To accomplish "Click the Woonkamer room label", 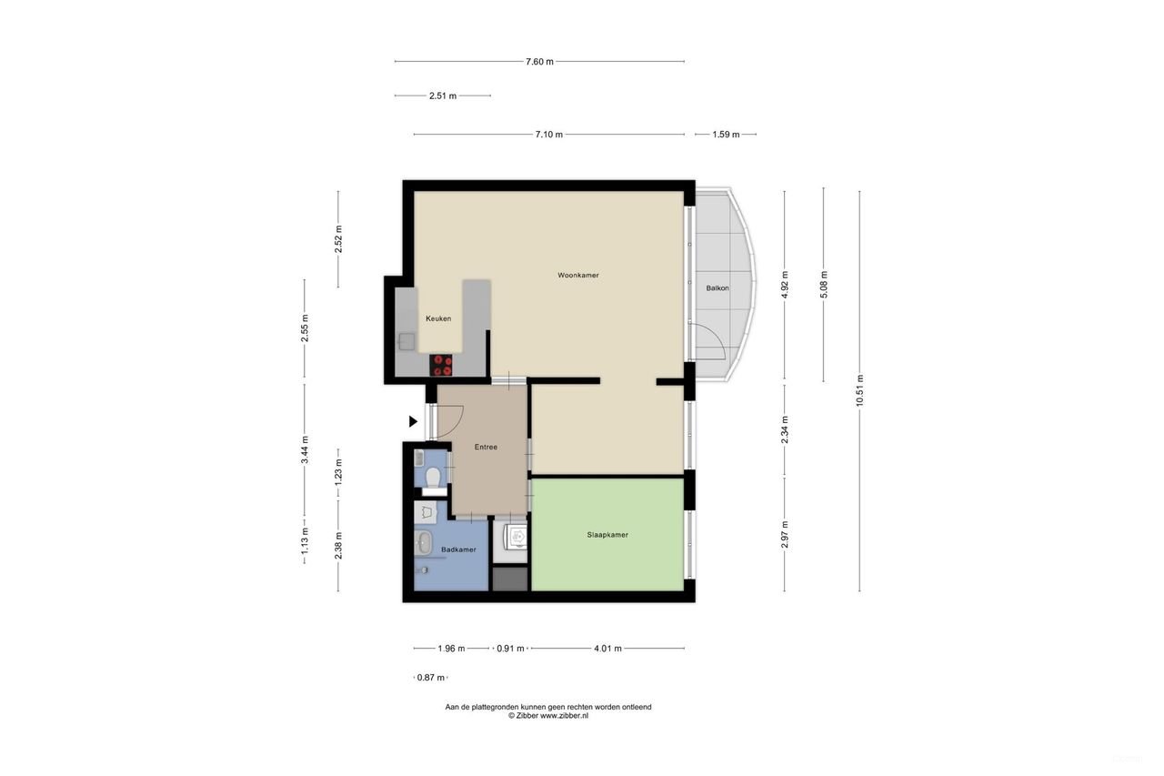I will [x=578, y=275].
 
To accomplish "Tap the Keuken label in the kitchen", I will [x=438, y=318].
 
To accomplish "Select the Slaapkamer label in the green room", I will [x=607, y=535].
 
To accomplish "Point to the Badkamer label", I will [x=458, y=549].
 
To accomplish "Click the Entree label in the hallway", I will [x=487, y=447].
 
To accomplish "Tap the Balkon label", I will [x=717, y=287].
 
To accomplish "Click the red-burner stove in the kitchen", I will [x=443, y=365].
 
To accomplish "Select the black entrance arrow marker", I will [x=413, y=421].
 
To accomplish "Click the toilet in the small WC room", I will [x=433, y=478].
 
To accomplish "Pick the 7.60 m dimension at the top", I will [x=539, y=62].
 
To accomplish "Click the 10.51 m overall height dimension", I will [x=859, y=391].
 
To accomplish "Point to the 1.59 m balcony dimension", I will [x=726, y=135].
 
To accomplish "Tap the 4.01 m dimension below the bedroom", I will [x=607, y=649].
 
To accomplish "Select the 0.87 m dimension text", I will [x=430, y=678].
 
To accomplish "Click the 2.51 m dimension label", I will [x=443, y=96].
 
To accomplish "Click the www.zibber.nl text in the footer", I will [x=564, y=716].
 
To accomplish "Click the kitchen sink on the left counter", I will [x=406, y=342].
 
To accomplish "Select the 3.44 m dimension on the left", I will [x=305, y=449].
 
